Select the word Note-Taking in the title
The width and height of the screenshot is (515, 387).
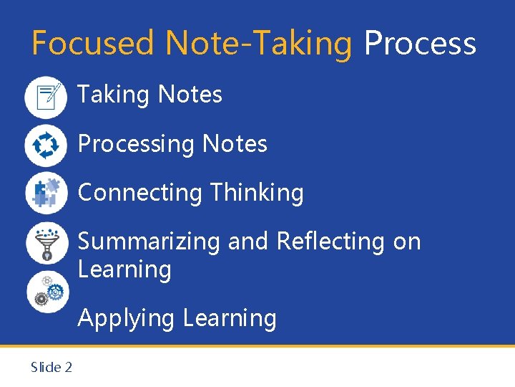[259, 44]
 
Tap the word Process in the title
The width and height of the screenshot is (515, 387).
[420, 43]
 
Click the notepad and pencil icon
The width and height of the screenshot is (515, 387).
[46, 96]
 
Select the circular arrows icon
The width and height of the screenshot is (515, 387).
[46, 145]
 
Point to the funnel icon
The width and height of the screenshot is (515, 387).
[46, 242]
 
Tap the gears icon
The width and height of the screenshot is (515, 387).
[47, 290]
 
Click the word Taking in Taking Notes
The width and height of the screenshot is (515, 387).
[114, 95]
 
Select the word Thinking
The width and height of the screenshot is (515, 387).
[257, 193]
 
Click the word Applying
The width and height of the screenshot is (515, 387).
[126, 318]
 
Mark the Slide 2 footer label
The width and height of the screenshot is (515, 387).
[51, 368]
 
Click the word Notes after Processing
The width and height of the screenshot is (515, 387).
[235, 144]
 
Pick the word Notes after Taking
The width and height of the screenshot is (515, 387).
[190, 95]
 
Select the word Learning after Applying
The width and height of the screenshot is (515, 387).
[230, 318]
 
